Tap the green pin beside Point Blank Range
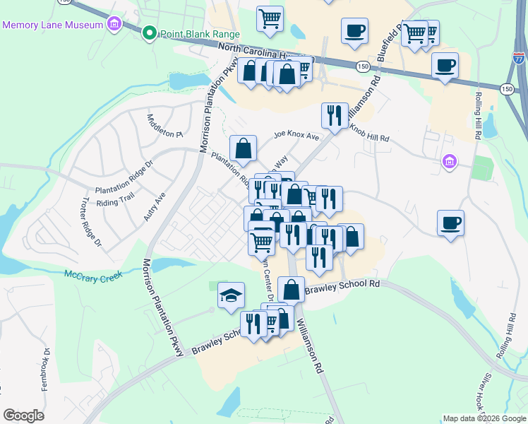point(150,33)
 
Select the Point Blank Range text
point(200,34)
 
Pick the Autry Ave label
point(155,206)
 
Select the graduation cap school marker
point(229,295)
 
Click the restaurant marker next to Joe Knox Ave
point(334,114)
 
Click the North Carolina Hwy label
point(265,53)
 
